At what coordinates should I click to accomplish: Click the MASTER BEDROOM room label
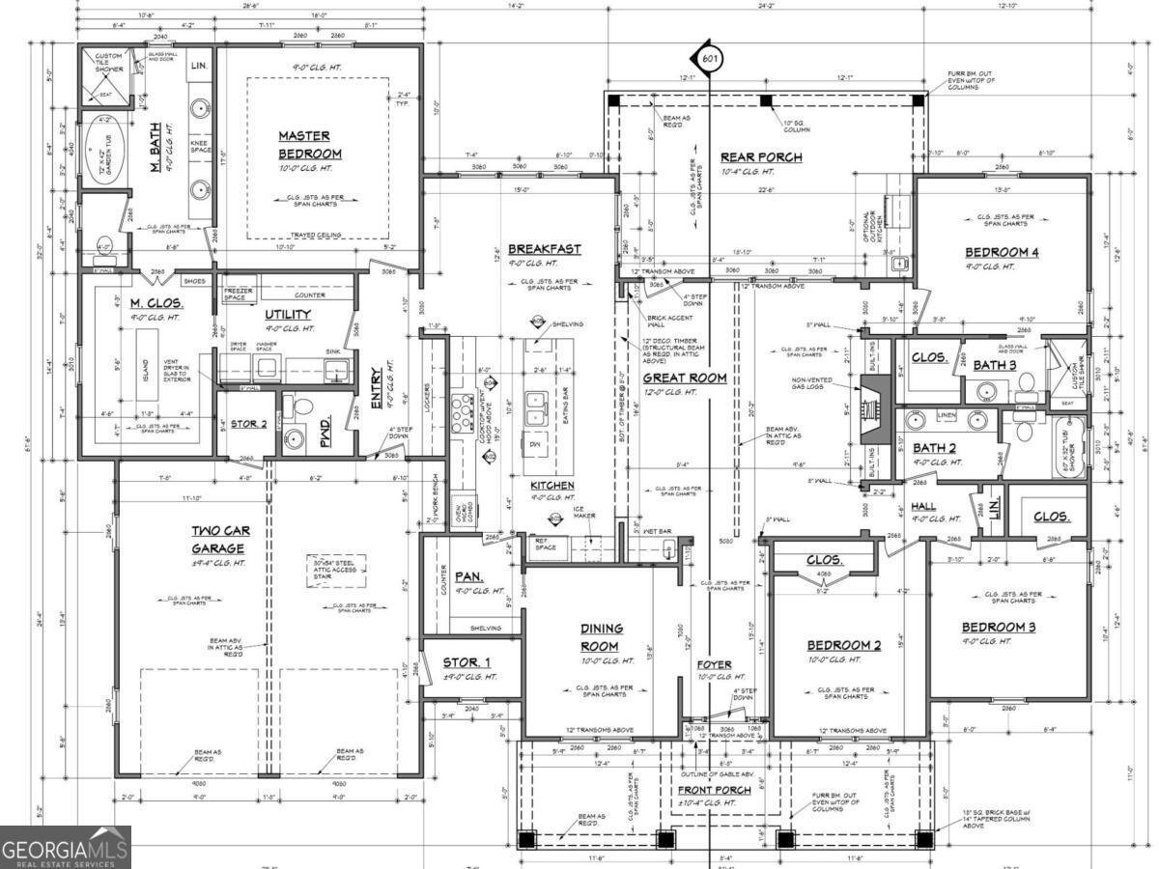click(x=310, y=145)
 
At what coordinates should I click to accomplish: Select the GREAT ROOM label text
click(x=684, y=378)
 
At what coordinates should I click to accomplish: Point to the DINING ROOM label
click(x=602, y=637)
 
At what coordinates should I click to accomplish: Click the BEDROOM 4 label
click(x=1002, y=253)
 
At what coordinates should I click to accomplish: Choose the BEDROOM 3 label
click(x=998, y=627)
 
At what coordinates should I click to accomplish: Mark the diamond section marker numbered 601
click(x=710, y=60)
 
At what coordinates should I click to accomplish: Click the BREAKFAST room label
click(x=544, y=249)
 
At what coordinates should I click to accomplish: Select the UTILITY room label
click(x=288, y=315)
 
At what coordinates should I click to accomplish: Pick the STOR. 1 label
click(x=466, y=662)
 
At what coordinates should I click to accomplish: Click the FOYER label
click(x=715, y=664)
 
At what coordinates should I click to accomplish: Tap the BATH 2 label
click(x=934, y=448)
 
